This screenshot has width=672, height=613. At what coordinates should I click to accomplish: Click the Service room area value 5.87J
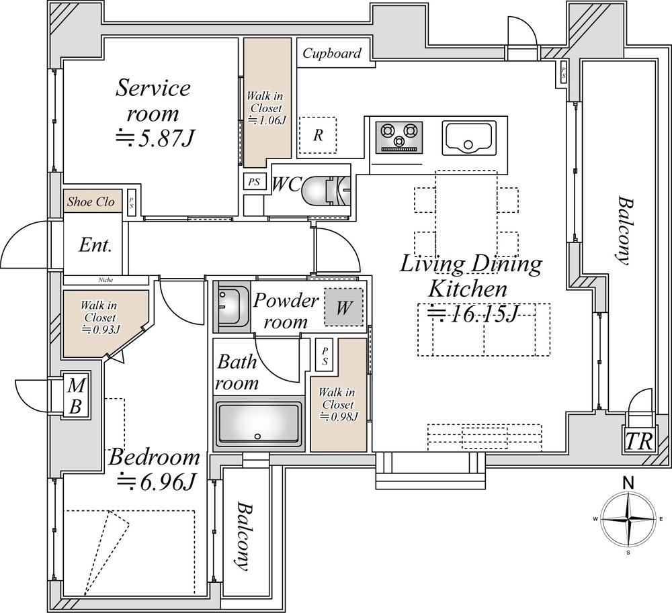click(x=156, y=138)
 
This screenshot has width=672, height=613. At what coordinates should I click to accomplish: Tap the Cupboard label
click(x=332, y=54)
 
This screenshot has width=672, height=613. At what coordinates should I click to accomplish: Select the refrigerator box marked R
click(x=318, y=135)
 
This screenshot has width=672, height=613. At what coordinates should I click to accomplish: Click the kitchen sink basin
click(x=468, y=138)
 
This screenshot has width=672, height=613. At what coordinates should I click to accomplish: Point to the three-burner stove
click(x=399, y=137)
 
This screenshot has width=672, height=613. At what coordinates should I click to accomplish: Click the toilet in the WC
click(x=326, y=191)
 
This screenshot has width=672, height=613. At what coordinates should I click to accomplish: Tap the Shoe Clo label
click(x=91, y=201)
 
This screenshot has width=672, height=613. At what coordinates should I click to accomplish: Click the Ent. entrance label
click(x=95, y=245)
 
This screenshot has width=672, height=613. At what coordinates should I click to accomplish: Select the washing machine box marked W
click(x=343, y=307)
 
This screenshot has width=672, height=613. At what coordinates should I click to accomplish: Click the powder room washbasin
click(x=231, y=306)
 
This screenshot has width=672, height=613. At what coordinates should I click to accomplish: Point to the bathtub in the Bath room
click(x=258, y=423)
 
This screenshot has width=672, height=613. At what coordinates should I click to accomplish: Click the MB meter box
click(x=75, y=396)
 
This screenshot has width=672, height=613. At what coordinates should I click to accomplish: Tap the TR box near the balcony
click(x=639, y=441)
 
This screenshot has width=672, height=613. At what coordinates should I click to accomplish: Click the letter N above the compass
click(x=628, y=483)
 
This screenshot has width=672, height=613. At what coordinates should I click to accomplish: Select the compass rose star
click(x=628, y=519)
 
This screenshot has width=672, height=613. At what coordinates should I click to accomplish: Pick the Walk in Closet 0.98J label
click(x=338, y=404)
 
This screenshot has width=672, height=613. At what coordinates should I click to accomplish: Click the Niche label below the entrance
click(x=106, y=280)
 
